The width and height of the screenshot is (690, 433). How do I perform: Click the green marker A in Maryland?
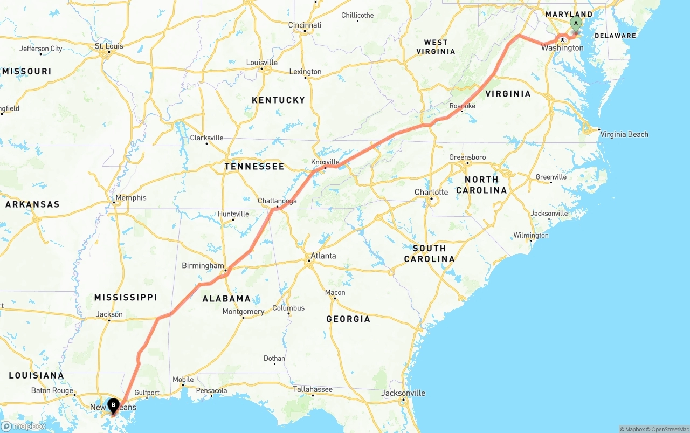(x=576, y=23)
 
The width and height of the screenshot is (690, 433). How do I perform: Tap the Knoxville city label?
(x=325, y=162)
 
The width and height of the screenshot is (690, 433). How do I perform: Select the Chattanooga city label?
(x=277, y=201)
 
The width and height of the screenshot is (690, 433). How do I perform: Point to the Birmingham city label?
(x=203, y=266)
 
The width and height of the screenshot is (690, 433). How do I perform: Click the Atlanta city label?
(x=323, y=256)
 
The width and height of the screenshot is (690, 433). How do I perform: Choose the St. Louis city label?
(x=109, y=46)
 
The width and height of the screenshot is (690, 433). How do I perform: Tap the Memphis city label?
(x=130, y=198)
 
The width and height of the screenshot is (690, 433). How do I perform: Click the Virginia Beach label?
(x=624, y=134)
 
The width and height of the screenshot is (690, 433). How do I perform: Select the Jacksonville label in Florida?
(x=403, y=393)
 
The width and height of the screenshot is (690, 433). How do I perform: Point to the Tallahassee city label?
(x=313, y=389)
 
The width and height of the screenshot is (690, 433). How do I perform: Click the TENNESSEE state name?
(x=254, y=167)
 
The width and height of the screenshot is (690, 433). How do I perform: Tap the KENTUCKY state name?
(x=278, y=100)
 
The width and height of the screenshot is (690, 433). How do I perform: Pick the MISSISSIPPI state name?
(x=126, y=298)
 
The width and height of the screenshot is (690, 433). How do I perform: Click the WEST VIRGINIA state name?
(x=436, y=47)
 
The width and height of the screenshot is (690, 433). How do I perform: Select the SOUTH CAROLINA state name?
(x=430, y=253)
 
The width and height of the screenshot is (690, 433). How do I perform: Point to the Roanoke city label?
(x=463, y=106)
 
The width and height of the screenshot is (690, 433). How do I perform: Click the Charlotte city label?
(x=431, y=193)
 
